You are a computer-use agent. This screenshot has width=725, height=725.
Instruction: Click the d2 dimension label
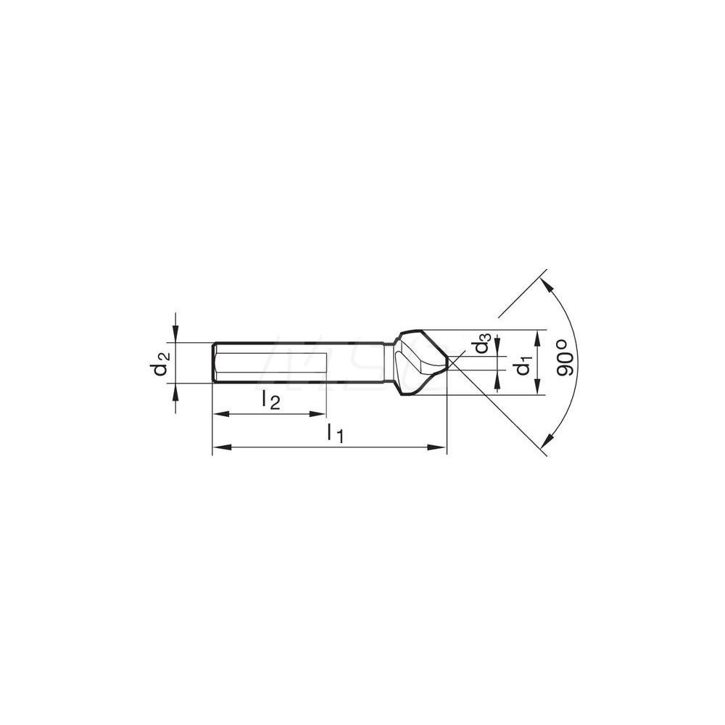point(161,363)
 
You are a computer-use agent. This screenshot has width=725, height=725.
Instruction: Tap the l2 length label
point(270,399)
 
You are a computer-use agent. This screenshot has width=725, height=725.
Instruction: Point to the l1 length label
point(334,433)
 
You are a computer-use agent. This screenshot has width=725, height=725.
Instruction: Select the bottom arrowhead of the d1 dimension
point(537,389)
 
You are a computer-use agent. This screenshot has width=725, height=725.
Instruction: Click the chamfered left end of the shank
point(215,362)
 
